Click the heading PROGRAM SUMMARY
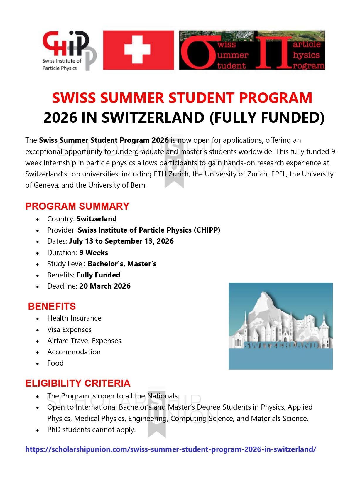(x=77, y=206)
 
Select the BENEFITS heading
(x=52, y=306)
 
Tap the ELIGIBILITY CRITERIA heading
(x=78, y=383)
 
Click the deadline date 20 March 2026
(x=105, y=286)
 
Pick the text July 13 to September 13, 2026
(x=121, y=241)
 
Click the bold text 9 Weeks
(x=93, y=252)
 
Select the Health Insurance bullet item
(x=74, y=318)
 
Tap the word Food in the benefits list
(x=55, y=363)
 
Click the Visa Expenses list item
(x=69, y=329)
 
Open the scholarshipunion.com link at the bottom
(x=171, y=449)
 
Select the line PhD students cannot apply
(x=91, y=430)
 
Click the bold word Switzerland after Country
(x=97, y=219)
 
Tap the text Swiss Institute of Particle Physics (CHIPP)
(x=149, y=230)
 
